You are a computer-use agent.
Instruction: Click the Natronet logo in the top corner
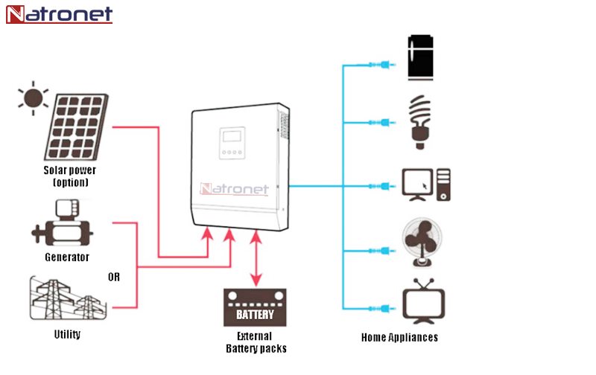pyautogui.click(x=60, y=14)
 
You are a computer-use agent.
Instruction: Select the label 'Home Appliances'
pyautogui.click(x=399, y=337)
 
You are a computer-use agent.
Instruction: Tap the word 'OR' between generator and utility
pyautogui.click(x=114, y=277)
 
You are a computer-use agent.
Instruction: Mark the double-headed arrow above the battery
pyautogui.click(x=256, y=258)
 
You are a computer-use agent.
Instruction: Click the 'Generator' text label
pyautogui.click(x=66, y=257)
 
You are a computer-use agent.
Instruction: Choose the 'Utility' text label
pyautogui.click(x=67, y=335)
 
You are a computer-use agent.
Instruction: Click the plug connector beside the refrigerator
pyautogui.click(x=380, y=65)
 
